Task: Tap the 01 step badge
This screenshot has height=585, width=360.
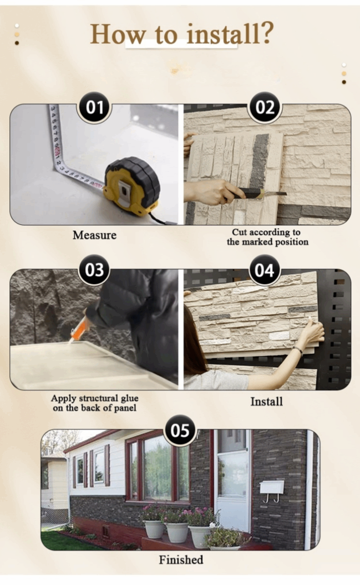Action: pos(94,108)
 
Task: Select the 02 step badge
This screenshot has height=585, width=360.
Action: pos(265,108)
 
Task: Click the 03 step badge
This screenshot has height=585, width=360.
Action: pos(94,270)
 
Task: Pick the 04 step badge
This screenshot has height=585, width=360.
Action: pos(265,270)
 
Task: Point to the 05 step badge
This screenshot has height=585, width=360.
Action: pos(180,430)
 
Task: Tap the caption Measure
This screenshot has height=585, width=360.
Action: pos(94,235)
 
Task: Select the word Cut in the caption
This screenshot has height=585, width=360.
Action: pos(239,232)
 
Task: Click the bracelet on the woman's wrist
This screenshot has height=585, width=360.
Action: pos(297,350)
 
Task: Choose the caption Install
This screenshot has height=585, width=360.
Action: pos(266,401)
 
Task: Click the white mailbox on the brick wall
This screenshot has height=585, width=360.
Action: pos(272,487)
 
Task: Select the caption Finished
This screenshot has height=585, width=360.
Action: pos(181,559)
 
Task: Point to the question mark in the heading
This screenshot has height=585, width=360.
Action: pos(266,33)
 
